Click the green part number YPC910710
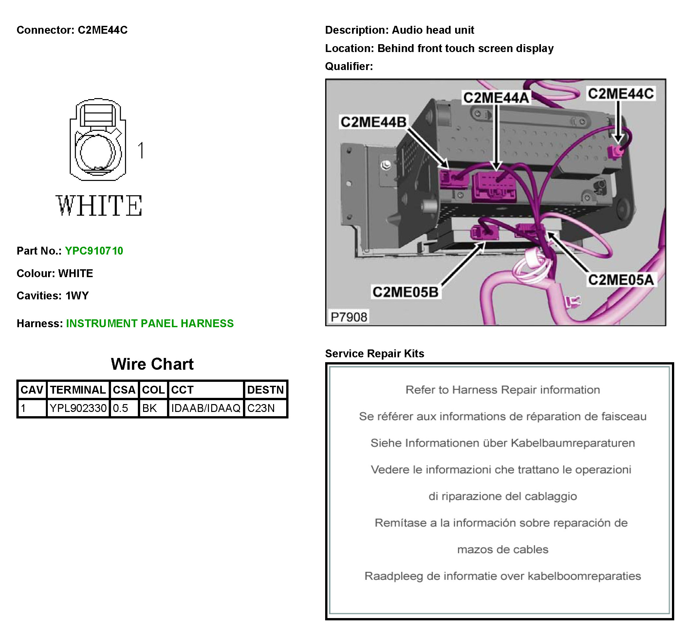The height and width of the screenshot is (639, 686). [94, 251]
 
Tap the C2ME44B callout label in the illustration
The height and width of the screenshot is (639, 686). [373, 122]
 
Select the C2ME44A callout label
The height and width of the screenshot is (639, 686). [495, 98]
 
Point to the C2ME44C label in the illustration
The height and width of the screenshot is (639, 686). [621, 94]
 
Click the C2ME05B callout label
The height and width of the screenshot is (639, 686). [405, 292]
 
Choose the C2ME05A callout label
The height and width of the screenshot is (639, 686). [621, 280]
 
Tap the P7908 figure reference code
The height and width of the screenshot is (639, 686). [348, 317]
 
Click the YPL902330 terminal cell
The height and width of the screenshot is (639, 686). [78, 408]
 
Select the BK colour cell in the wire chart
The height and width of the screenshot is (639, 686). [149, 408]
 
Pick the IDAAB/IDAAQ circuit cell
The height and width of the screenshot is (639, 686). [206, 408]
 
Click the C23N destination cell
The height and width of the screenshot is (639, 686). [261, 408]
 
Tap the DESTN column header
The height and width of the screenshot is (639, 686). [265, 390]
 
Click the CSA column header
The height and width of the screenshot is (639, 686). [124, 390]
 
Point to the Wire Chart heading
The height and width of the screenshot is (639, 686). [152, 364]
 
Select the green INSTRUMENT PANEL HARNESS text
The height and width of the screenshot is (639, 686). [150, 324]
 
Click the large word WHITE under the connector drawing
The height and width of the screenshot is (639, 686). [99, 206]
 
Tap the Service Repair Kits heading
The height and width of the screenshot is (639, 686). [374, 353]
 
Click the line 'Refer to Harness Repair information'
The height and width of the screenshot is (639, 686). [502, 390]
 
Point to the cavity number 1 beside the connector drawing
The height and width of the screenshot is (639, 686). [140, 151]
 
